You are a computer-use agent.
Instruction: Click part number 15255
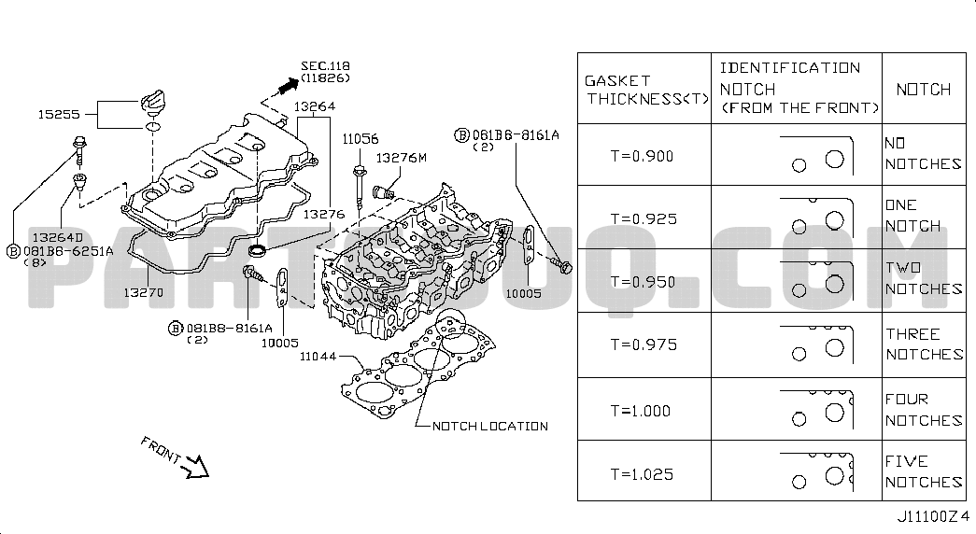[59, 115]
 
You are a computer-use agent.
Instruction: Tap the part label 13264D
[57, 237]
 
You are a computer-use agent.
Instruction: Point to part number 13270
[143, 292]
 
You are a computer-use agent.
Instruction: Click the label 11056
[361, 139]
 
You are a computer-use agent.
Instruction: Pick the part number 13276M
[402, 158]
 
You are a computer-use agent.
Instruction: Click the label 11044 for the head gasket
[318, 357]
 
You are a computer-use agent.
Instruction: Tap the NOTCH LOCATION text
[490, 427]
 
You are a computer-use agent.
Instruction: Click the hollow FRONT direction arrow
[198, 467]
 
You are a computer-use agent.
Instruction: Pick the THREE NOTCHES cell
[925, 344]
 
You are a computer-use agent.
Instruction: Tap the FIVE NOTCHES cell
[925, 471]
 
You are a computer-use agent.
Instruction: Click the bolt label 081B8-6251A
[68, 251]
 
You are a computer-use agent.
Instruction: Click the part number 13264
[315, 106]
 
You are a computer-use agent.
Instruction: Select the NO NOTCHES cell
[923, 154]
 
